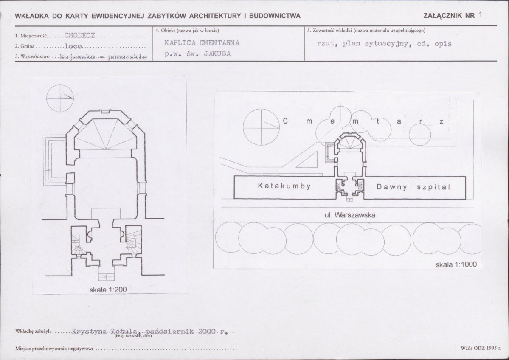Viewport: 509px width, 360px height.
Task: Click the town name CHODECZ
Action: pos(80,35)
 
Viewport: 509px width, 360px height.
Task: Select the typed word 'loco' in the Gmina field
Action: pos(73,46)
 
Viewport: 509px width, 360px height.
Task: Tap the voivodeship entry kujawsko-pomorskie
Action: pos(104,57)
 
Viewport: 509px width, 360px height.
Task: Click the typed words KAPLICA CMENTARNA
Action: pos(202,42)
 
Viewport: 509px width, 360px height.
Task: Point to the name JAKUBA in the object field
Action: pos(217,54)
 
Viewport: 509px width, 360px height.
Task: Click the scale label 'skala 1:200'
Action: pos(108,289)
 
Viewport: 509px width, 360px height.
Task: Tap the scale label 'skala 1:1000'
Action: pos(456,264)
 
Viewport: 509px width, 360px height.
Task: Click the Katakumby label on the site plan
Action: pos(284,186)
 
